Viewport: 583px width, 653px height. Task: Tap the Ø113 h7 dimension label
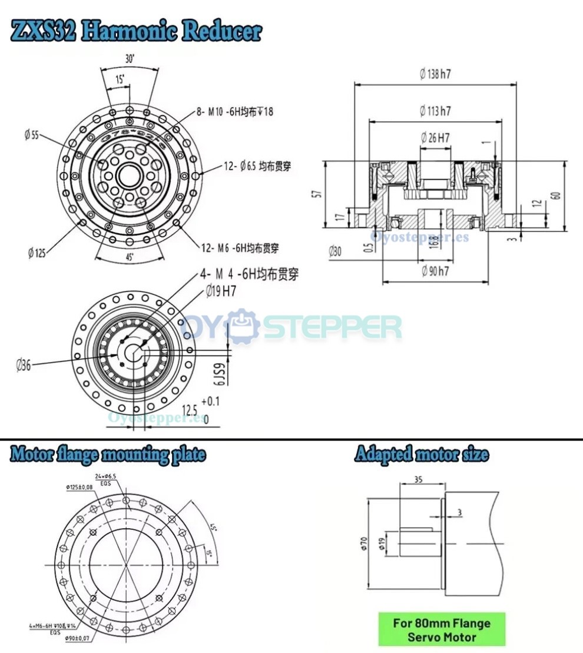tap(436, 110)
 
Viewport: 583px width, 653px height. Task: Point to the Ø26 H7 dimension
tap(436, 138)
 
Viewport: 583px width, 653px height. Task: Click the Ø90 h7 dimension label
tap(435, 271)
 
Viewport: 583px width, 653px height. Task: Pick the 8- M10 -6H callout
tap(235, 112)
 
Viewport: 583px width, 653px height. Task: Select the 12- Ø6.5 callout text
tap(257, 167)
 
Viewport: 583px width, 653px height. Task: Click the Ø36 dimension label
tap(24, 365)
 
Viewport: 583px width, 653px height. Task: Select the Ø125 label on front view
tap(37, 253)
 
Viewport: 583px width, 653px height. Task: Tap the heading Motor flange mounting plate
tap(108, 455)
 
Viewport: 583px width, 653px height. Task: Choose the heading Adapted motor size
tap(421, 455)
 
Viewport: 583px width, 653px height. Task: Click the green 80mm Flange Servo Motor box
tap(441, 629)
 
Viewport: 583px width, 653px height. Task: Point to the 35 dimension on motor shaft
tap(419, 479)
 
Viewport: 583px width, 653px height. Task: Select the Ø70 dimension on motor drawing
tap(365, 542)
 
